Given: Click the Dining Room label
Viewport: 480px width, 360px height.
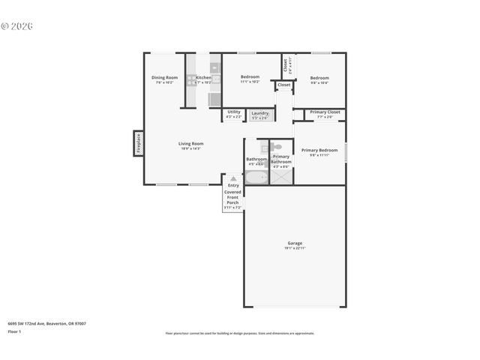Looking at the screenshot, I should pyautogui.click(x=164, y=78).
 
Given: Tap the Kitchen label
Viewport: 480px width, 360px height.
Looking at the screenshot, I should pyautogui.click(x=203, y=78).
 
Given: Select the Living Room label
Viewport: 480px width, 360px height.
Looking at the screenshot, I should pyautogui.click(x=190, y=144).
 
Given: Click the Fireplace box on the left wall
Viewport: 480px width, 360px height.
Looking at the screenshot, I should pyautogui.click(x=138, y=142).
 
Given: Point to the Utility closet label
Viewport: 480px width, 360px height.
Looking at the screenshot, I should pyautogui.click(x=233, y=112).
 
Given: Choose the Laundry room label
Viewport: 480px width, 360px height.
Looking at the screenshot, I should pyautogui.click(x=259, y=114).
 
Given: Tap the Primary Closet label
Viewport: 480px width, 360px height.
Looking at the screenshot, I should pyautogui.click(x=325, y=112).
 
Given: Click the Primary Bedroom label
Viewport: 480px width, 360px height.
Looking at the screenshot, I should pyautogui.click(x=319, y=151).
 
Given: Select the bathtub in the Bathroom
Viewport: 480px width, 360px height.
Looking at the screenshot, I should pyautogui.click(x=256, y=178).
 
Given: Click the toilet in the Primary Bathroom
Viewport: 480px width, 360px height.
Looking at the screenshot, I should pyautogui.click(x=276, y=147).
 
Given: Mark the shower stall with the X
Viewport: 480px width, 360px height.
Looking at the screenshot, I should pyautogui.click(x=282, y=176).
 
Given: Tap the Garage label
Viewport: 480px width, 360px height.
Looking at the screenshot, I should pyautogui.click(x=295, y=244).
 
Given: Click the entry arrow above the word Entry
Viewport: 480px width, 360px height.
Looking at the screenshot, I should pyautogui.click(x=233, y=178).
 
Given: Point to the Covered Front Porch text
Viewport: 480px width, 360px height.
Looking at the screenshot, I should pyautogui.click(x=233, y=196).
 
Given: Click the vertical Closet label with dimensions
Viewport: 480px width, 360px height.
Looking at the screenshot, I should pyautogui.click(x=286, y=65).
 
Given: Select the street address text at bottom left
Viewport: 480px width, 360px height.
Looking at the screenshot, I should pyautogui.click(x=46, y=324).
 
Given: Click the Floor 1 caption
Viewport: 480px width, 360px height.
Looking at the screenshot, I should pyautogui.click(x=14, y=331).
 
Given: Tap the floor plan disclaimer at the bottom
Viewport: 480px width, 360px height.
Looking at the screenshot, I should pyautogui.click(x=239, y=333).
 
